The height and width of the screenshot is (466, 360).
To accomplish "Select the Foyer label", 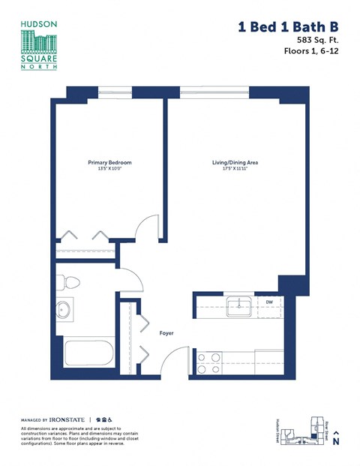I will coord(166,332).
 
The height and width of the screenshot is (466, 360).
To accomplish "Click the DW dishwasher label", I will coord(269,302).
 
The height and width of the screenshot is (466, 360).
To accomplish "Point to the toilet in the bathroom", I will coord(70,282).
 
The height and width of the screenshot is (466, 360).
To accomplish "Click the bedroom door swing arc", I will coord(148,227).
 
